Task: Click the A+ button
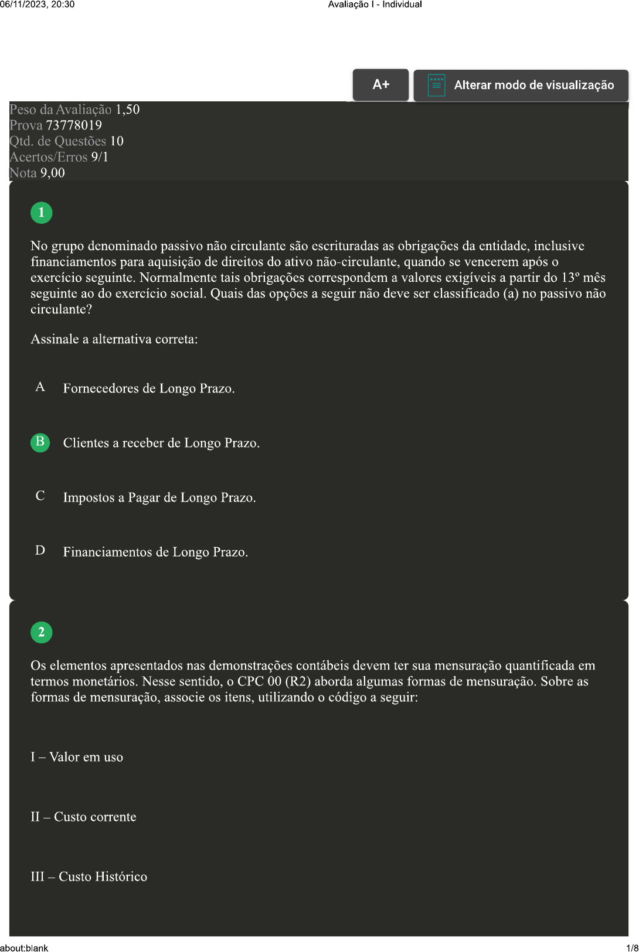click(380, 85)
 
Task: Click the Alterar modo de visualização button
click(521, 86)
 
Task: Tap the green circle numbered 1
click(42, 213)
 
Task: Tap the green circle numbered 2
click(42, 632)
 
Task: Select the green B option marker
click(40, 442)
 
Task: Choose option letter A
click(40, 387)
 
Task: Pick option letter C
click(40, 496)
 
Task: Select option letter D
click(40, 551)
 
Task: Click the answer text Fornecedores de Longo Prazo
click(149, 388)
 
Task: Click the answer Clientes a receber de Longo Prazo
click(161, 443)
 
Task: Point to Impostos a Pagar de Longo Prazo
click(159, 497)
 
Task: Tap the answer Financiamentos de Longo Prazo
click(155, 552)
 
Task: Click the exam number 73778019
click(74, 125)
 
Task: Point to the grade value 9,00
click(53, 173)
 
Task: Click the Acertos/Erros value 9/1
click(100, 157)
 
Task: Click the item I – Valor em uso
click(77, 757)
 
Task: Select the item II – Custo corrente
click(83, 817)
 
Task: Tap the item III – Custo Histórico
click(89, 876)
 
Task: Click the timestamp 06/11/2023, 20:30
click(38, 5)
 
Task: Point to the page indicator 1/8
click(632, 948)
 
